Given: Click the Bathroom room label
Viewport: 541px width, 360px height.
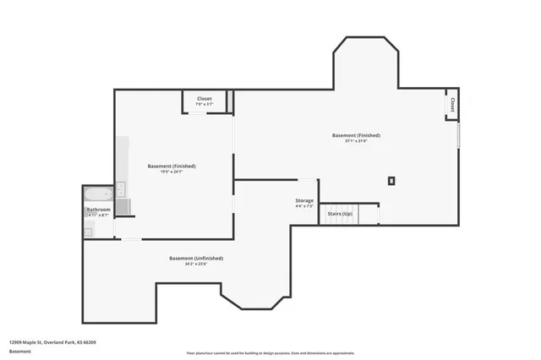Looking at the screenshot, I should pos(98,209).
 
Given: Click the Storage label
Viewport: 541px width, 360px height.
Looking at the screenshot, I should pos(304,200).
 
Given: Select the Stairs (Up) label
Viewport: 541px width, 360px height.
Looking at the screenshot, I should pos(341,214).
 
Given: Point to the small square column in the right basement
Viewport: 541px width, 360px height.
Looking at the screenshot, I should pos(391,180).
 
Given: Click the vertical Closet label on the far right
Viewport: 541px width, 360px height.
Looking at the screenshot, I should pos(452,105).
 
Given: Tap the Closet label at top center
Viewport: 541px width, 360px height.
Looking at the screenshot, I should pos(205,99).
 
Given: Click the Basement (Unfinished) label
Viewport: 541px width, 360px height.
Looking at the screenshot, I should pos(196,258).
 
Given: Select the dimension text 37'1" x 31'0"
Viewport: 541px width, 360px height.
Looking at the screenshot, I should pos(356,141).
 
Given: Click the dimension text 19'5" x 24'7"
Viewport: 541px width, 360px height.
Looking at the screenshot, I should pos(172,172).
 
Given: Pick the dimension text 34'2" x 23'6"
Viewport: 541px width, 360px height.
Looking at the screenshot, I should pos(196,265).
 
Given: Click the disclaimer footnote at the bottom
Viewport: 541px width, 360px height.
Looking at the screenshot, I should pos(270,352).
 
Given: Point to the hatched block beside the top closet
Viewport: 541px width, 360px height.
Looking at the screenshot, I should pos(231,101).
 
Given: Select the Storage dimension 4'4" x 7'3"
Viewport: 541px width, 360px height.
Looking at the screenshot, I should pos(304,206).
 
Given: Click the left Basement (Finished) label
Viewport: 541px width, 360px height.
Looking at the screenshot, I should pos(172,166).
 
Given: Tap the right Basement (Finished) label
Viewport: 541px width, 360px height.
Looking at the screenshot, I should pos(356,135).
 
